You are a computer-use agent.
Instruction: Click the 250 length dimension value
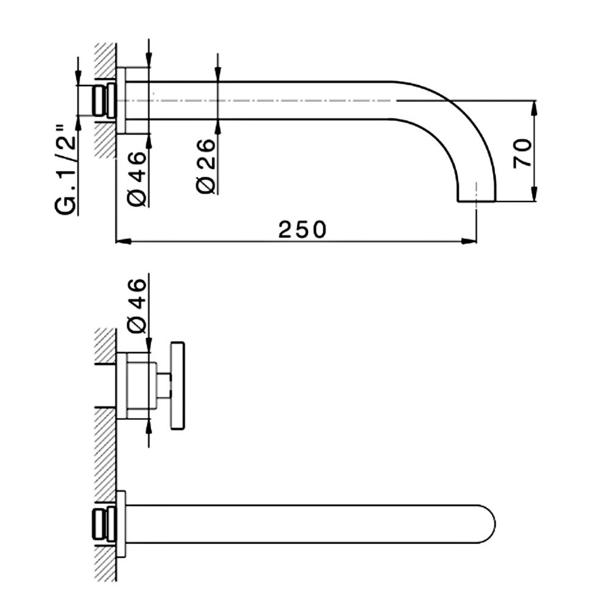click(302, 230)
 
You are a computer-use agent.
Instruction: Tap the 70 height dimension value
click(522, 153)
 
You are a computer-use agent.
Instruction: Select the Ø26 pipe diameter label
click(205, 166)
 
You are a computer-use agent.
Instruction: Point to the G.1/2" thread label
click(65, 170)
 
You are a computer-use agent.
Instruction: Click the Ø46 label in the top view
click(136, 178)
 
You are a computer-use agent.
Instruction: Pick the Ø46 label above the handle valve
click(136, 305)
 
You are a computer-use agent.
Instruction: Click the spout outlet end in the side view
click(476, 201)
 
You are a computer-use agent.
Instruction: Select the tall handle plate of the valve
click(177, 386)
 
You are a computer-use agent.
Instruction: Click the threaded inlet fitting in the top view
click(104, 100)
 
